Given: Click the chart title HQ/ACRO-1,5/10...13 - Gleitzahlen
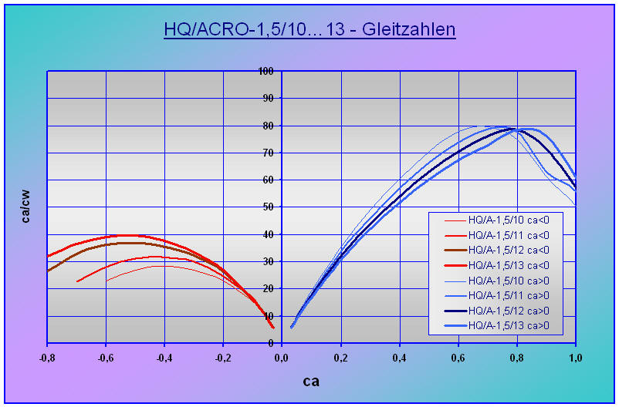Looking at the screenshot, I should click(x=309, y=30).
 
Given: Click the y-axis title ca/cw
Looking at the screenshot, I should click(x=26, y=207).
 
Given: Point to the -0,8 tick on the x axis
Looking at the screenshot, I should click(x=48, y=357).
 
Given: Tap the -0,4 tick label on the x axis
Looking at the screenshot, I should click(x=164, y=357).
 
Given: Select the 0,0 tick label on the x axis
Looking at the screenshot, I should click(x=282, y=357).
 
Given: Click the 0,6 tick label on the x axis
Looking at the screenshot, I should click(x=458, y=357).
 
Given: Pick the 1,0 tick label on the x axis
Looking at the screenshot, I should click(x=575, y=357).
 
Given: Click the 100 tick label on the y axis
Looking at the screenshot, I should click(x=266, y=71).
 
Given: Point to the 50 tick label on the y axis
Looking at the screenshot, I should click(x=269, y=207).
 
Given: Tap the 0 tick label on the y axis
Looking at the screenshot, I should click(x=272, y=343).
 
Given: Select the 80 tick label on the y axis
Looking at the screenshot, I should click(x=269, y=126).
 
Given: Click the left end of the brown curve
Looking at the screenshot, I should click(x=48, y=271).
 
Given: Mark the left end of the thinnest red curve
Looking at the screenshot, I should click(x=107, y=281).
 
